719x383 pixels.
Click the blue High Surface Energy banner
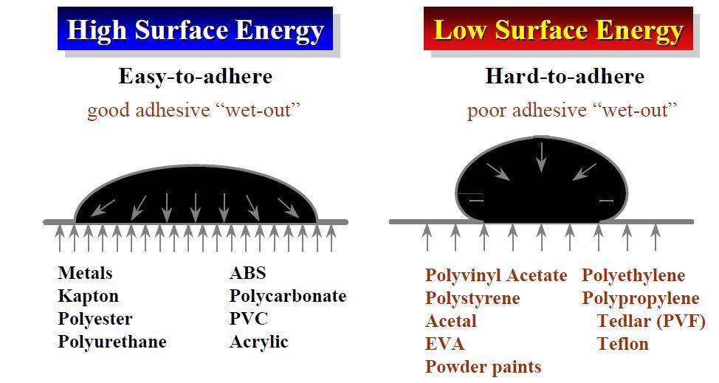pos(195,28)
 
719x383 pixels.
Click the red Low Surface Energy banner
pos(558,28)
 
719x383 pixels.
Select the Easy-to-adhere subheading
pos(196,76)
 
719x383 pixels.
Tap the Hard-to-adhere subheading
pos(565,76)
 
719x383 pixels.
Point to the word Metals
pos(85,273)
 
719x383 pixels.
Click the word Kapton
pos(88,297)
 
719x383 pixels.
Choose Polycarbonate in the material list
pos(287,297)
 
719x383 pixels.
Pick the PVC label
pos(248,319)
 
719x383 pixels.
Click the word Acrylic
pos(258,342)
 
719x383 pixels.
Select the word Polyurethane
pos(112,342)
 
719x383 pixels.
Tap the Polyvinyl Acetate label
pos(495,276)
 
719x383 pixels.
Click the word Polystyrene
pos(472,299)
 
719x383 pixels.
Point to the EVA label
pos(444,344)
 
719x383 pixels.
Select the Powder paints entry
pos(483,368)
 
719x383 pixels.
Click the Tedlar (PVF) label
pos(651,322)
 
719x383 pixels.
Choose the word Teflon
pos(623,344)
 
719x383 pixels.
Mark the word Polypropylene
pos(641,299)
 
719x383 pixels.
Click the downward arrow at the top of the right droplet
pos(542,157)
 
